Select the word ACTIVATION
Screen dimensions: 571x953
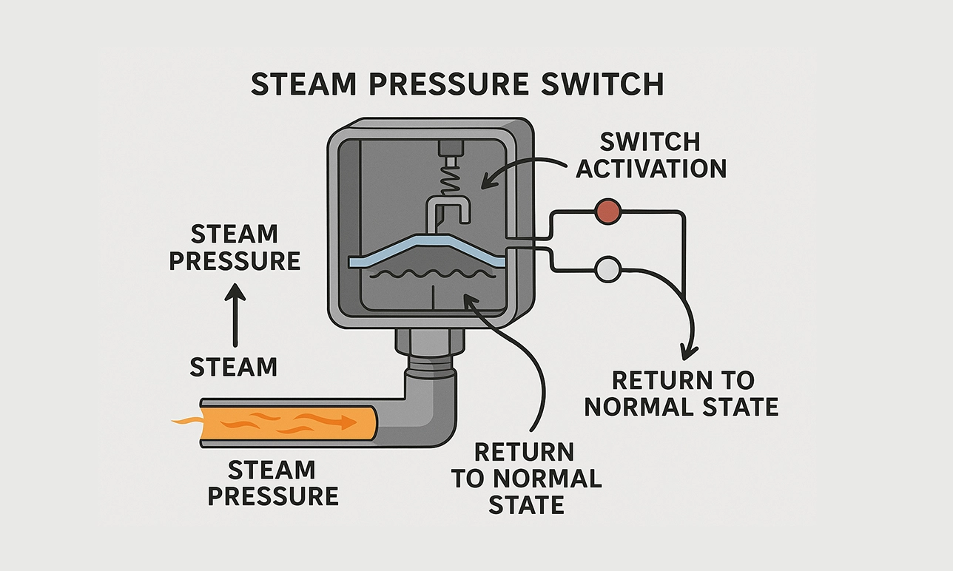coord(651,168)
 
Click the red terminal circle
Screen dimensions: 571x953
coord(607,212)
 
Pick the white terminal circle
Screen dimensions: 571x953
coord(607,270)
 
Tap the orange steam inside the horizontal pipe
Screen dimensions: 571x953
coord(289,422)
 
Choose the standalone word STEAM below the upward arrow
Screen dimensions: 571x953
coord(234,367)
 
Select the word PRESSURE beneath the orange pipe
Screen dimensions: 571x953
coord(272,495)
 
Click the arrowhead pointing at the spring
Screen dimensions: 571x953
coord(483,182)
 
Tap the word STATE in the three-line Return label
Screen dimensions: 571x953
coord(526,504)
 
